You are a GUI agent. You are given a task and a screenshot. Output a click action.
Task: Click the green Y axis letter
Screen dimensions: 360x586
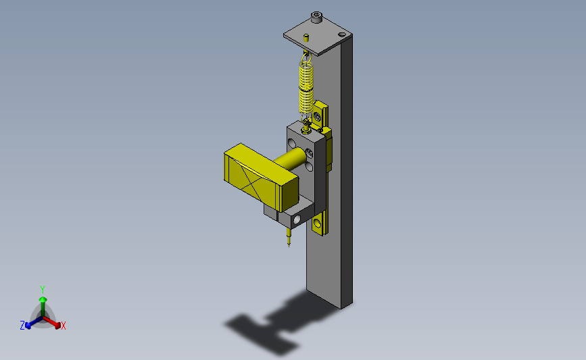point(42,289)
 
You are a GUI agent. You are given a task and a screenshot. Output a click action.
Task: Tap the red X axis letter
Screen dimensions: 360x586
point(64,326)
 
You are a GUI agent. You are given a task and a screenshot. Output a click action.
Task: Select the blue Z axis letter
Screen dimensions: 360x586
point(22,326)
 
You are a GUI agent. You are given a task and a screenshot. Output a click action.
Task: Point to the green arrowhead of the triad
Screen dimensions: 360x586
point(43,299)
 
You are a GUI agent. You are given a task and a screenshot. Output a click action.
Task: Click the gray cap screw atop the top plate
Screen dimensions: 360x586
point(316,17)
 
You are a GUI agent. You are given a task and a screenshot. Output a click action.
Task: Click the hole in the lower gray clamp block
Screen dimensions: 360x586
point(296,220)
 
